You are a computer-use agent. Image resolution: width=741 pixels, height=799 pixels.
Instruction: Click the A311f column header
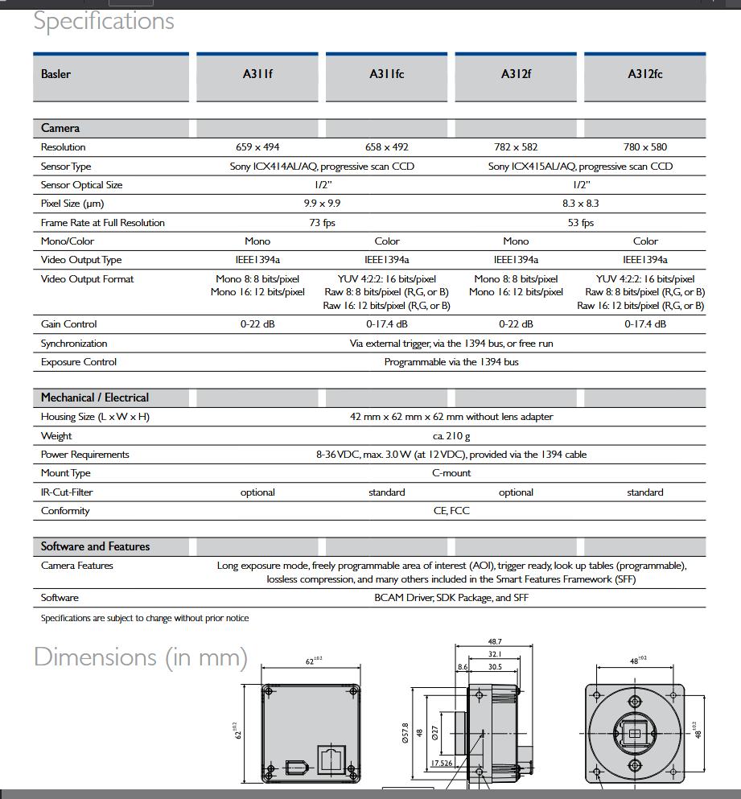tap(257, 74)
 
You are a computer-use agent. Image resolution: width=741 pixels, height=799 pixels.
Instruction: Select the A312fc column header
tap(645, 74)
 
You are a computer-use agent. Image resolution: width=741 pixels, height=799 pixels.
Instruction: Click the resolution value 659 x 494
tap(257, 147)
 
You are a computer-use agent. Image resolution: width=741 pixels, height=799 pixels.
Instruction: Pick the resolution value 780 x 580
tap(645, 147)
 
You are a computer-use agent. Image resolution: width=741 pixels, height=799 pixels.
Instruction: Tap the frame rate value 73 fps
tap(322, 223)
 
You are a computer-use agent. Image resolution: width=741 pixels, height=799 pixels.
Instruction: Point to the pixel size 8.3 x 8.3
tap(581, 204)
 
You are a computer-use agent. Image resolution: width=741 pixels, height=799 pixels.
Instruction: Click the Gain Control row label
tap(68, 324)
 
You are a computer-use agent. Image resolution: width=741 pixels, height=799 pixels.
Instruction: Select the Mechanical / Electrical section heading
tap(95, 397)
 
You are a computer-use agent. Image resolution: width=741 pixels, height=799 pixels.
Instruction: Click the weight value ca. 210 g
tap(451, 436)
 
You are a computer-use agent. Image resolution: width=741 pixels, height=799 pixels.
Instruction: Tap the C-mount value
tap(451, 473)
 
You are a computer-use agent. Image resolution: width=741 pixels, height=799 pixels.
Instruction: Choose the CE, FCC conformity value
tap(451, 511)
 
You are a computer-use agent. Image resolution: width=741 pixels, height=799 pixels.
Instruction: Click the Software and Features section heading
tap(95, 546)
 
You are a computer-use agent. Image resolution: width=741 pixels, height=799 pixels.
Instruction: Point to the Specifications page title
tap(104, 21)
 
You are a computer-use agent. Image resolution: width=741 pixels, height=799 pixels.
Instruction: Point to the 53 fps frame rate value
tap(581, 223)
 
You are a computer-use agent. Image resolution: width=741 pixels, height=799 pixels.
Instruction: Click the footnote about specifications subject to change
tap(145, 618)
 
